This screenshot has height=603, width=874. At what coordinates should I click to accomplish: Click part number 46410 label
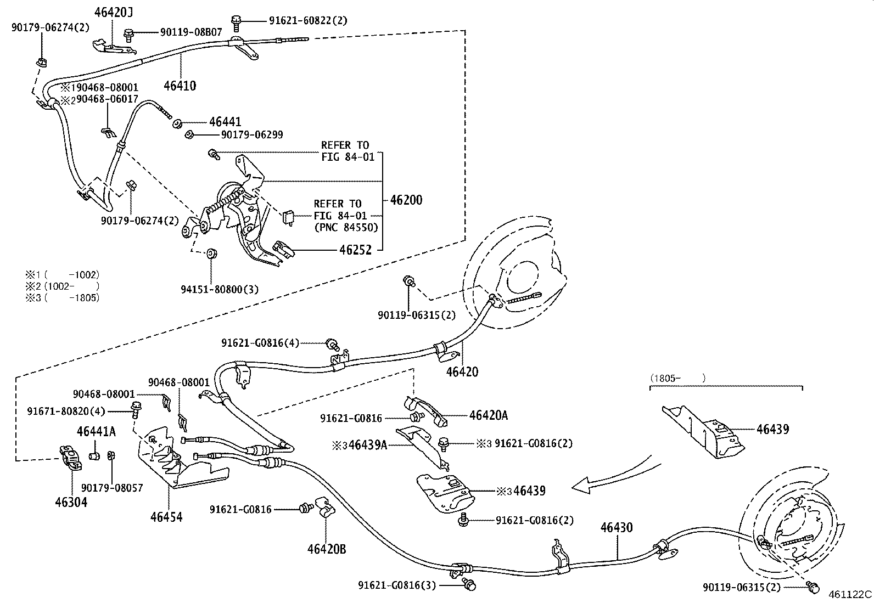point(180,86)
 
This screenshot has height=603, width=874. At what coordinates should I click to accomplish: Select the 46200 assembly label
point(406,200)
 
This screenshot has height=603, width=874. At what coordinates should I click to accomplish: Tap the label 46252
point(355,250)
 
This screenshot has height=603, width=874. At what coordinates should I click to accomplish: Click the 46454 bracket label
point(166,516)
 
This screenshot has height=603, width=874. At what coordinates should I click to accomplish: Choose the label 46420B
point(327,549)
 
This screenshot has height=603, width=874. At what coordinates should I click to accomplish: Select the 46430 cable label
point(617,528)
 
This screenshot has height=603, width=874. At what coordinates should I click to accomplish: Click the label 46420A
point(488,415)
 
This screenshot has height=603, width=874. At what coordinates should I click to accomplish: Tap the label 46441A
point(96,432)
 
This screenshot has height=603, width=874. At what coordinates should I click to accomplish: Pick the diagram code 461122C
point(850,594)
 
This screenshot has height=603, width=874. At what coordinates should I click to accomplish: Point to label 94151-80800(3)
point(220,289)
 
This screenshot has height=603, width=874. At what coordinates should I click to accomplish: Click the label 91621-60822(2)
point(308,20)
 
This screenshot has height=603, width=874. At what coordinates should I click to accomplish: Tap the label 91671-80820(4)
point(66,410)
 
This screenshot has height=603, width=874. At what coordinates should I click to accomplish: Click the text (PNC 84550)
point(346,227)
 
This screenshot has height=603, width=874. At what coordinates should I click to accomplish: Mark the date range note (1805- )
point(677,378)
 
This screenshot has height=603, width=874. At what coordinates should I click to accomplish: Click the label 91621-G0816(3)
point(397,585)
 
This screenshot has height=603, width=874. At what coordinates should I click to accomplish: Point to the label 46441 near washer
point(225,122)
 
